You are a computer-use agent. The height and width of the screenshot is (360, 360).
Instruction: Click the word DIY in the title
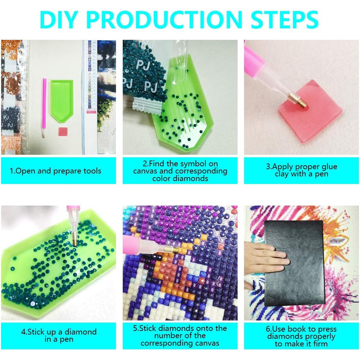point(58,20)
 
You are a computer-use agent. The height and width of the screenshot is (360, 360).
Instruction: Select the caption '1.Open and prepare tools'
point(56,171)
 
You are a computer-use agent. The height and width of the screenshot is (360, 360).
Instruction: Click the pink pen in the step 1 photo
point(44,108)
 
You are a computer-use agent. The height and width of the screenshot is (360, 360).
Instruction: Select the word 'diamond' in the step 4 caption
point(80,332)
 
